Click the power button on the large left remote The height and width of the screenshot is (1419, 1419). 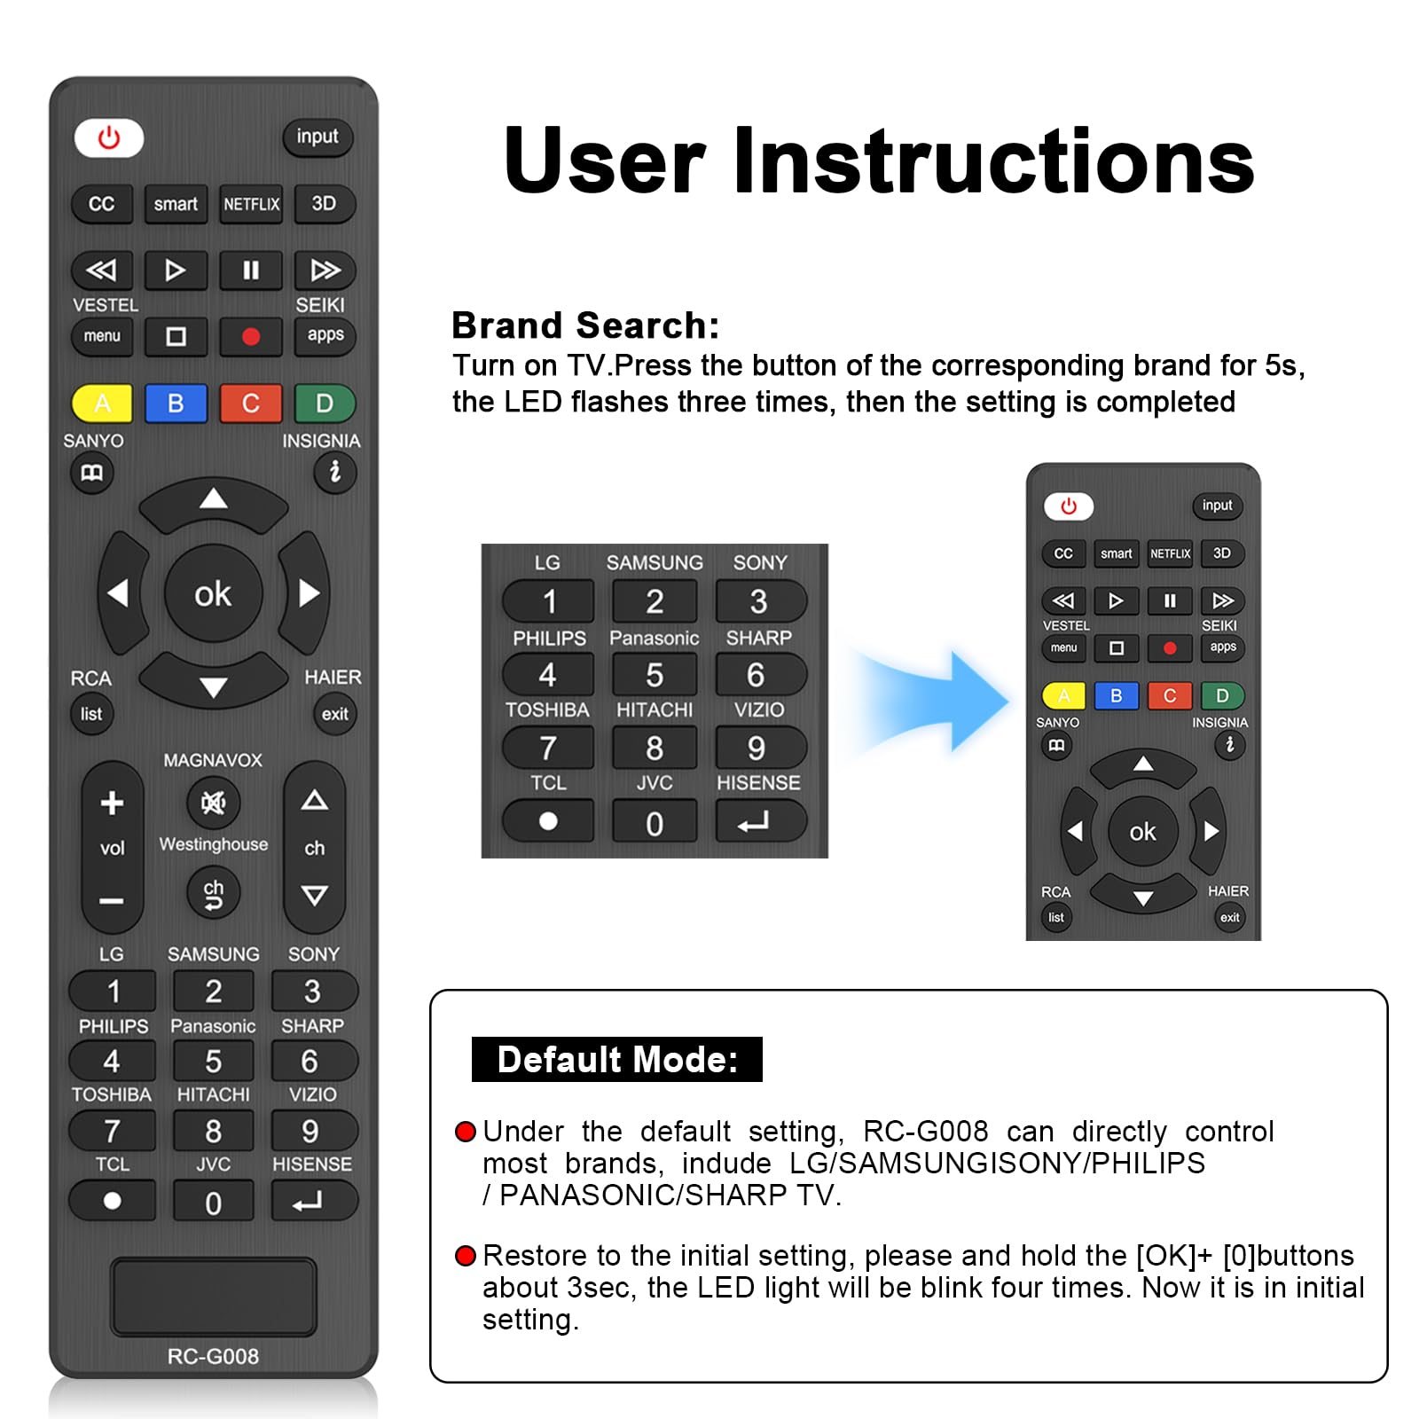[108, 138]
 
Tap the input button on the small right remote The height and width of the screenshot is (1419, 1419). [1217, 506]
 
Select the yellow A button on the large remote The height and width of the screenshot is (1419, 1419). [102, 404]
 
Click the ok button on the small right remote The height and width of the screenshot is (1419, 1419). [1142, 832]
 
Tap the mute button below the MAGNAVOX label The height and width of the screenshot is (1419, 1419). [213, 804]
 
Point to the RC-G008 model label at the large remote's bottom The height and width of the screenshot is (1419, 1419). [213, 1356]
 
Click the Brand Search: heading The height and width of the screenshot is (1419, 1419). [585, 325]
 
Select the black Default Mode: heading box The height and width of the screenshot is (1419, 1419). [616, 1059]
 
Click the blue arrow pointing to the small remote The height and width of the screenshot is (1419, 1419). [940, 701]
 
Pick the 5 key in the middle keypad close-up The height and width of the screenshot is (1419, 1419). [655, 676]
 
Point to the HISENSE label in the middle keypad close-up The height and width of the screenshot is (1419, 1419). [758, 783]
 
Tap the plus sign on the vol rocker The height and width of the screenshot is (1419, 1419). [112, 804]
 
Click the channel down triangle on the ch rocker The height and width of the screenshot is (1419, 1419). [314, 895]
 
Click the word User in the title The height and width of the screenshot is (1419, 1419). [603, 161]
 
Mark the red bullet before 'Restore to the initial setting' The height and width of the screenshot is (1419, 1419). [465, 1256]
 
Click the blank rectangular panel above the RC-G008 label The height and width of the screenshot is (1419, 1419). [213, 1296]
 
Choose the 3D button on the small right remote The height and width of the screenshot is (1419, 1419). [1221, 553]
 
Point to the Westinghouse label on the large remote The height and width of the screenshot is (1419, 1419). [213, 844]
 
